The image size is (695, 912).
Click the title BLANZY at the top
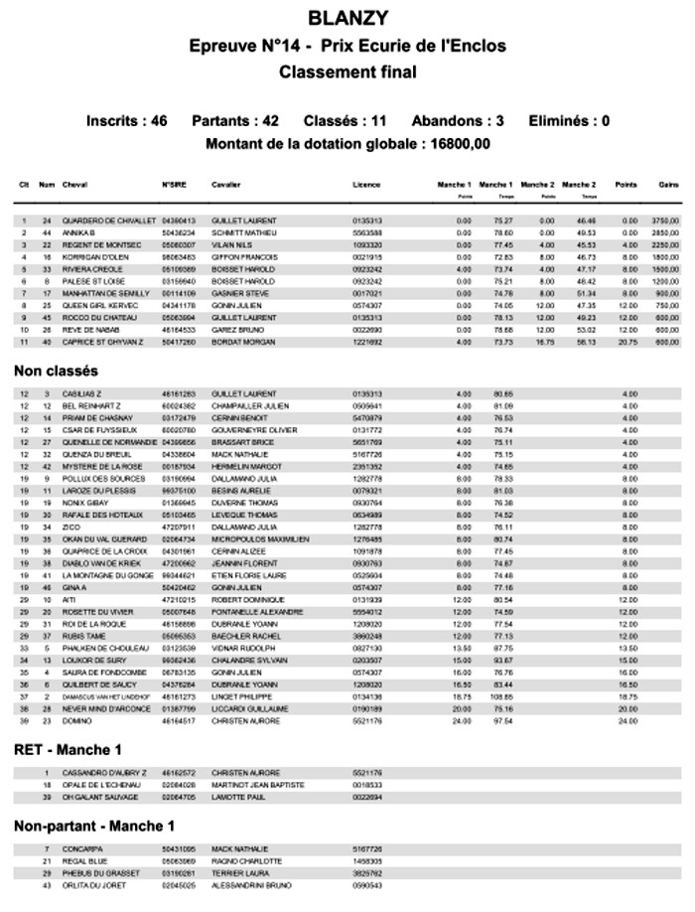pyautogui.click(x=347, y=18)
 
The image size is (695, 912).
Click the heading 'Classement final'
pyautogui.click(x=347, y=72)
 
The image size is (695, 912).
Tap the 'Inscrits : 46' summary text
pyautogui.click(x=126, y=121)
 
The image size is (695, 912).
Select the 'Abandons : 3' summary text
pyautogui.click(x=458, y=121)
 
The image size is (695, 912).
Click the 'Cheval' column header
pyautogui.click(x=74, y=185)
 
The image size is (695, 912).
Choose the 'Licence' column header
pyautogui.click(x=365, y=185)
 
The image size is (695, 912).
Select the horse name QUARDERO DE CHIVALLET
pyautogui.click(x=109, y=220)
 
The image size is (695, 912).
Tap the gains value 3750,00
pyautogui.click(x=664, y=220)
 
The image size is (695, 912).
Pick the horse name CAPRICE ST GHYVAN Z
pyautogui.click(x=104, y=342)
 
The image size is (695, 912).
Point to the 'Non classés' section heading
pyautogui.click(x=56, y=371)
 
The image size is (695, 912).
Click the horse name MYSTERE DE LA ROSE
pyautogui.click(x=103, y=466)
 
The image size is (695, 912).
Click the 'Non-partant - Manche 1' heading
pyautogui.click(x=94, y=826)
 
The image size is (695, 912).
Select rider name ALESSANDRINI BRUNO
pyautogui.click(x=252, y=884)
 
